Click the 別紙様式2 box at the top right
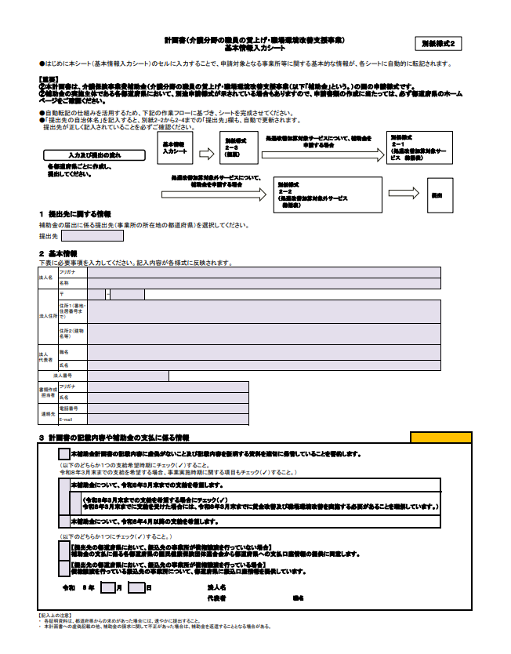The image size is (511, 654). [443, 44]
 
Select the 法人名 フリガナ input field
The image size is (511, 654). [263, 272]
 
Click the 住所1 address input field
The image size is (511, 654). [263, 311]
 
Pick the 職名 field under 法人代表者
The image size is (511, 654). [263, 353]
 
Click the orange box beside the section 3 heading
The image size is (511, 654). [441, 437]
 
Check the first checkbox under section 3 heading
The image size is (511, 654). [63, 454]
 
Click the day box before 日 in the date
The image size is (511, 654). [136, 587]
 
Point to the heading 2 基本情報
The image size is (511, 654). [59, 253]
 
